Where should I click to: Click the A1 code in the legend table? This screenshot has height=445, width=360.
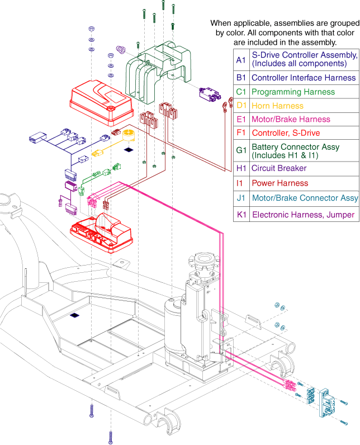(x=241, y=60)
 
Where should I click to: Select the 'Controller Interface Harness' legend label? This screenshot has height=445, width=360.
(x=304, y=78)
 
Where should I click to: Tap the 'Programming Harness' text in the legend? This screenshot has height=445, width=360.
(x=293, y=92)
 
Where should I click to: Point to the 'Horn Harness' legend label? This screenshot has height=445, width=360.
(x=277, y=106)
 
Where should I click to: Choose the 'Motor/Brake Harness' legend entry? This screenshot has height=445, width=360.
(x=291, y=119)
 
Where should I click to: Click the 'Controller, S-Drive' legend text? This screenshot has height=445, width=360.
(x=286, y=133)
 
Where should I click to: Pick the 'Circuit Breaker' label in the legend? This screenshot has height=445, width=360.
(x=279, y=168)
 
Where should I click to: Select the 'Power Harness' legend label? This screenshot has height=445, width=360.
(x=280, y=183)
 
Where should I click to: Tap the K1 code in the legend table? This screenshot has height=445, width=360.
(x=241, y=215)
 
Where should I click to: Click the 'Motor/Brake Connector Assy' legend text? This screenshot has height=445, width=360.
(x=305, y=198)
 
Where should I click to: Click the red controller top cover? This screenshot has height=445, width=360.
(x=101, y=102)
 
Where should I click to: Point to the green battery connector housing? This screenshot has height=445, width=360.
(x=158, y=71)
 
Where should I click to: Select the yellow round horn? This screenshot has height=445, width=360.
(x=128, y=135)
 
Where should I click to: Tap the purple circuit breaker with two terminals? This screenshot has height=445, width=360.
(x=210, y=94)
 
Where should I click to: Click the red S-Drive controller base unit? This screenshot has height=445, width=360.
(x=101, y=233)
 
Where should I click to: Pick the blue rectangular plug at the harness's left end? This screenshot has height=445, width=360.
(x=37, y=138)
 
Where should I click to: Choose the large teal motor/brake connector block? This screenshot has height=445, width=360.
(x=327, y=403)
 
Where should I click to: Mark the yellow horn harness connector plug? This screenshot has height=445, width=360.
(x=97, y=154)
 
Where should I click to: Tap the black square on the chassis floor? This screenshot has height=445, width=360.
(x=74, y=315)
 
